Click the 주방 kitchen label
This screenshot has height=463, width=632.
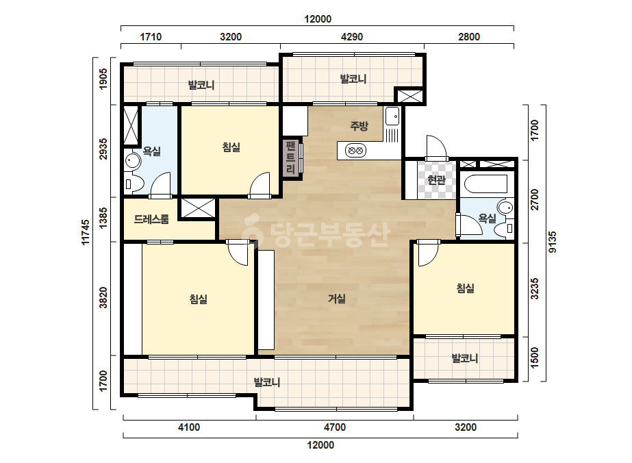[359, 126]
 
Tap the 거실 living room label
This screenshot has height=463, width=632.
[337, 299]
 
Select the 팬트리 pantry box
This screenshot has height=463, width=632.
[290, 158]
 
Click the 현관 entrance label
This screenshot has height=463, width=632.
[436, 179]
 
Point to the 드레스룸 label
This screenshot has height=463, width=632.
[151, 219]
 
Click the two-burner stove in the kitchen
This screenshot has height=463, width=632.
[355, 151]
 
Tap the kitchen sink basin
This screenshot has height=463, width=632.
[392, 116]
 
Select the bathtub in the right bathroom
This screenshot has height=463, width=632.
[485, 185]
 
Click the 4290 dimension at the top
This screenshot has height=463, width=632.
[352, 37]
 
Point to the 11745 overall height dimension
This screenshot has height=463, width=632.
[86, 232]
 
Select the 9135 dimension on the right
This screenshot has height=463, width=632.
[553, 242]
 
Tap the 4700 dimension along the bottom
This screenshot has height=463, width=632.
[335, 427]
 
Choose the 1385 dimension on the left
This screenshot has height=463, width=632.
[103, 218]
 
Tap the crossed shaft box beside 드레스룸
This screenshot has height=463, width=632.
[198, 208]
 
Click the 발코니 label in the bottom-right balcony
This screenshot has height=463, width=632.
[465, 358]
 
